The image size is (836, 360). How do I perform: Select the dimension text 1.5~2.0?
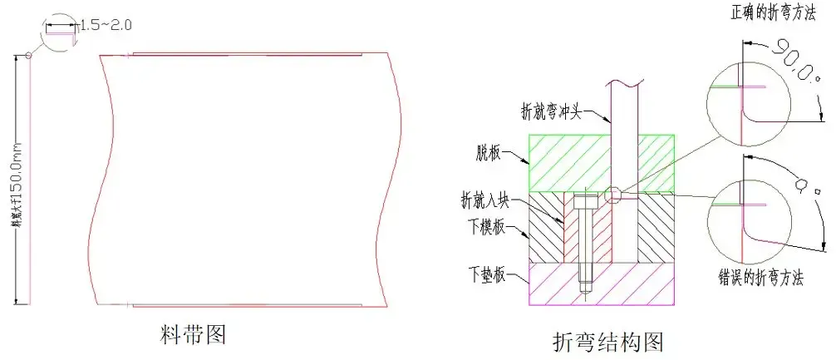(106, 26)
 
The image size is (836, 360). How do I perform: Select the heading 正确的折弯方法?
(770, 13)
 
